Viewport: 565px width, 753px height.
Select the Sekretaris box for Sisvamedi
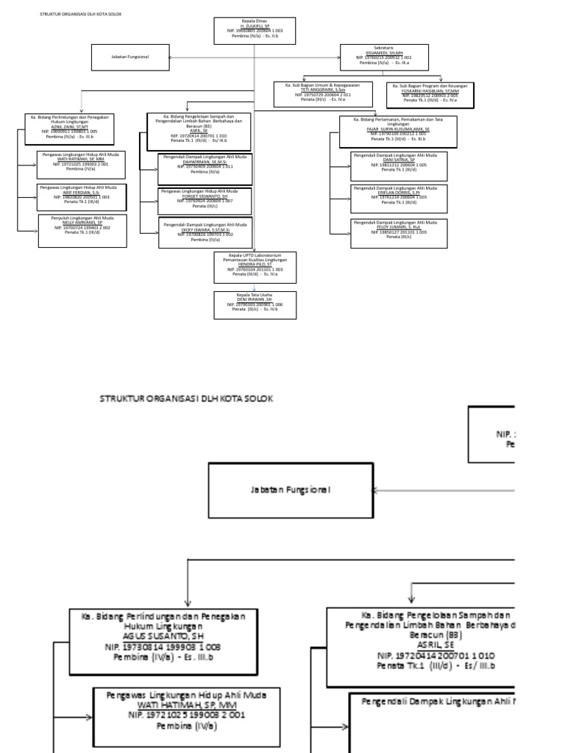[383, 57]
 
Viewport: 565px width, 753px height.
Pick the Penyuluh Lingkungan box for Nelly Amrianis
[82, 228]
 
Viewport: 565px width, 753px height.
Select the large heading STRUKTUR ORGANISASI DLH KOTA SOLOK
[186, 398]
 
